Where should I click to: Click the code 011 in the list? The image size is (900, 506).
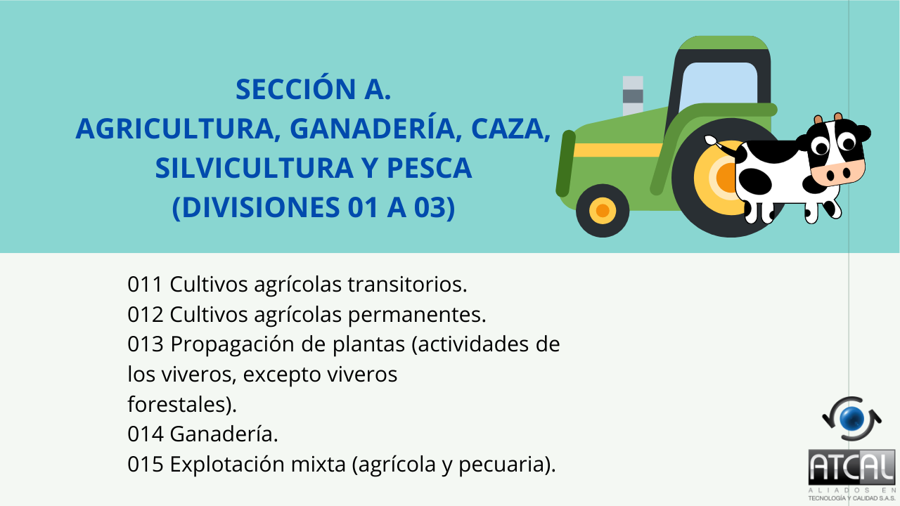click(x=146, y=285)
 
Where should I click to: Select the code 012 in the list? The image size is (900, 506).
click(x=146, y=315)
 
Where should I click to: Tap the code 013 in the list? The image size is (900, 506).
click(x=146, y=345)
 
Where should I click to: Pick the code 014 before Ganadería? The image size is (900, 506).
click(x=146, y=434)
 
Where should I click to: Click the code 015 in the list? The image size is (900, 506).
click(x=146, y=465)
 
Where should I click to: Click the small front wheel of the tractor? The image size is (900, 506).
click(x=603, y=210)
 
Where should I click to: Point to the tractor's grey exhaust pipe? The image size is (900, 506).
click(x=633, y=95)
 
